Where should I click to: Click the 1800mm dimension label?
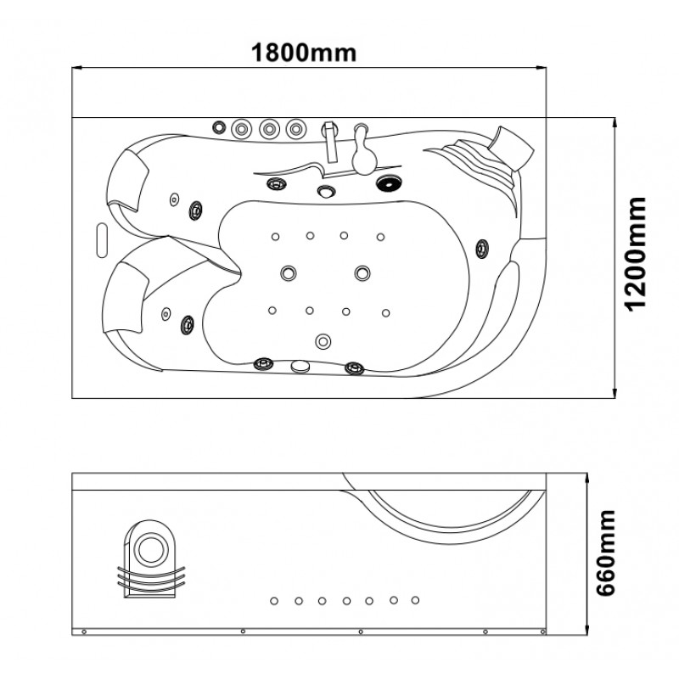click(x=304, y=53)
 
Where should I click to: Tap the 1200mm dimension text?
click(x=636, y=254)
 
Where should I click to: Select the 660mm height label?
click(x=605, y=553)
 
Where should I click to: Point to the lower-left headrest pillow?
click(x=126, y=298)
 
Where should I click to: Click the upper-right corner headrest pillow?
click(x=512, y=146)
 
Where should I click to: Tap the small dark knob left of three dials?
click(x=219, y=127)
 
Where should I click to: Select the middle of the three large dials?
click(x=269, y=129)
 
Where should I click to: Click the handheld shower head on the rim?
click(x=363, y=151)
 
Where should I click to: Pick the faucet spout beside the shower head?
click(x=331, y=141)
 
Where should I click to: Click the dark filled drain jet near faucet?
click(x=388, y=183)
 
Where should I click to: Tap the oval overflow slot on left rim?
click(x=102, y=240)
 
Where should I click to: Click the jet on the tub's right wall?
click(x=482, y=249)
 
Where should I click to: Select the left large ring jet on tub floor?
click(x=289, y=272)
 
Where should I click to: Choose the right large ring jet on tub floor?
click(x=362, y=273)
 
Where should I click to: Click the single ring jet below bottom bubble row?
click(x=323, y=341)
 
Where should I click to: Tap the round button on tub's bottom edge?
click(x=301, y=367)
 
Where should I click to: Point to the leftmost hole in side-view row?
click(x=274, y=601)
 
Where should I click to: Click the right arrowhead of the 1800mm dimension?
click(x=542, y=68)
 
